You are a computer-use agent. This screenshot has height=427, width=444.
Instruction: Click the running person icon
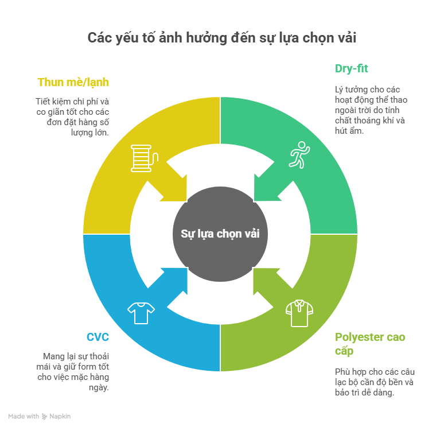(x=299, y=155)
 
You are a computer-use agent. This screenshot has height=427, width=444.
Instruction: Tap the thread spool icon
(x=145, y=158)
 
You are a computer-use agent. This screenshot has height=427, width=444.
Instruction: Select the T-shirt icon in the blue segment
(x=141, y=313)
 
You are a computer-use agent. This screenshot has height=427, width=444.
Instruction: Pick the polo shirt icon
(x=299, y=313)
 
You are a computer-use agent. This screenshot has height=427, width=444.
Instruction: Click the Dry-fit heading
(x=351, y=68)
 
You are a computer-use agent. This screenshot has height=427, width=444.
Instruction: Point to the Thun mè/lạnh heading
(x=73, y=82)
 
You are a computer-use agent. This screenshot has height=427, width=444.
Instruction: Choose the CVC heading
(x=98, y=337)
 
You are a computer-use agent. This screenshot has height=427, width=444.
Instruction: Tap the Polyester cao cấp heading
(x=370, y=344)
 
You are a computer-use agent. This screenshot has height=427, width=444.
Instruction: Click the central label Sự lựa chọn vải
(x=220, y=234)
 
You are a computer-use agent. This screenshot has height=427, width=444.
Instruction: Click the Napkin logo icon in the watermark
(x=44, y=416)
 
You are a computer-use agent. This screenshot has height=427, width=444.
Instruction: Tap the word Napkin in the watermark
(x=60, y=416)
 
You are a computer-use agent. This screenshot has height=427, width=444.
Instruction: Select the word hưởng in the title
(x=207, y=38)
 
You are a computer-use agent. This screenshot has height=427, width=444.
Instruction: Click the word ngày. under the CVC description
(x=99, y=387)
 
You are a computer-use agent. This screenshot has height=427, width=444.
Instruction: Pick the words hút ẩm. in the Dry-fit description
(x=349, y=131)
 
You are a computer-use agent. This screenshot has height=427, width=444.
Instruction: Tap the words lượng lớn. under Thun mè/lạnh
(x=89, y=133)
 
